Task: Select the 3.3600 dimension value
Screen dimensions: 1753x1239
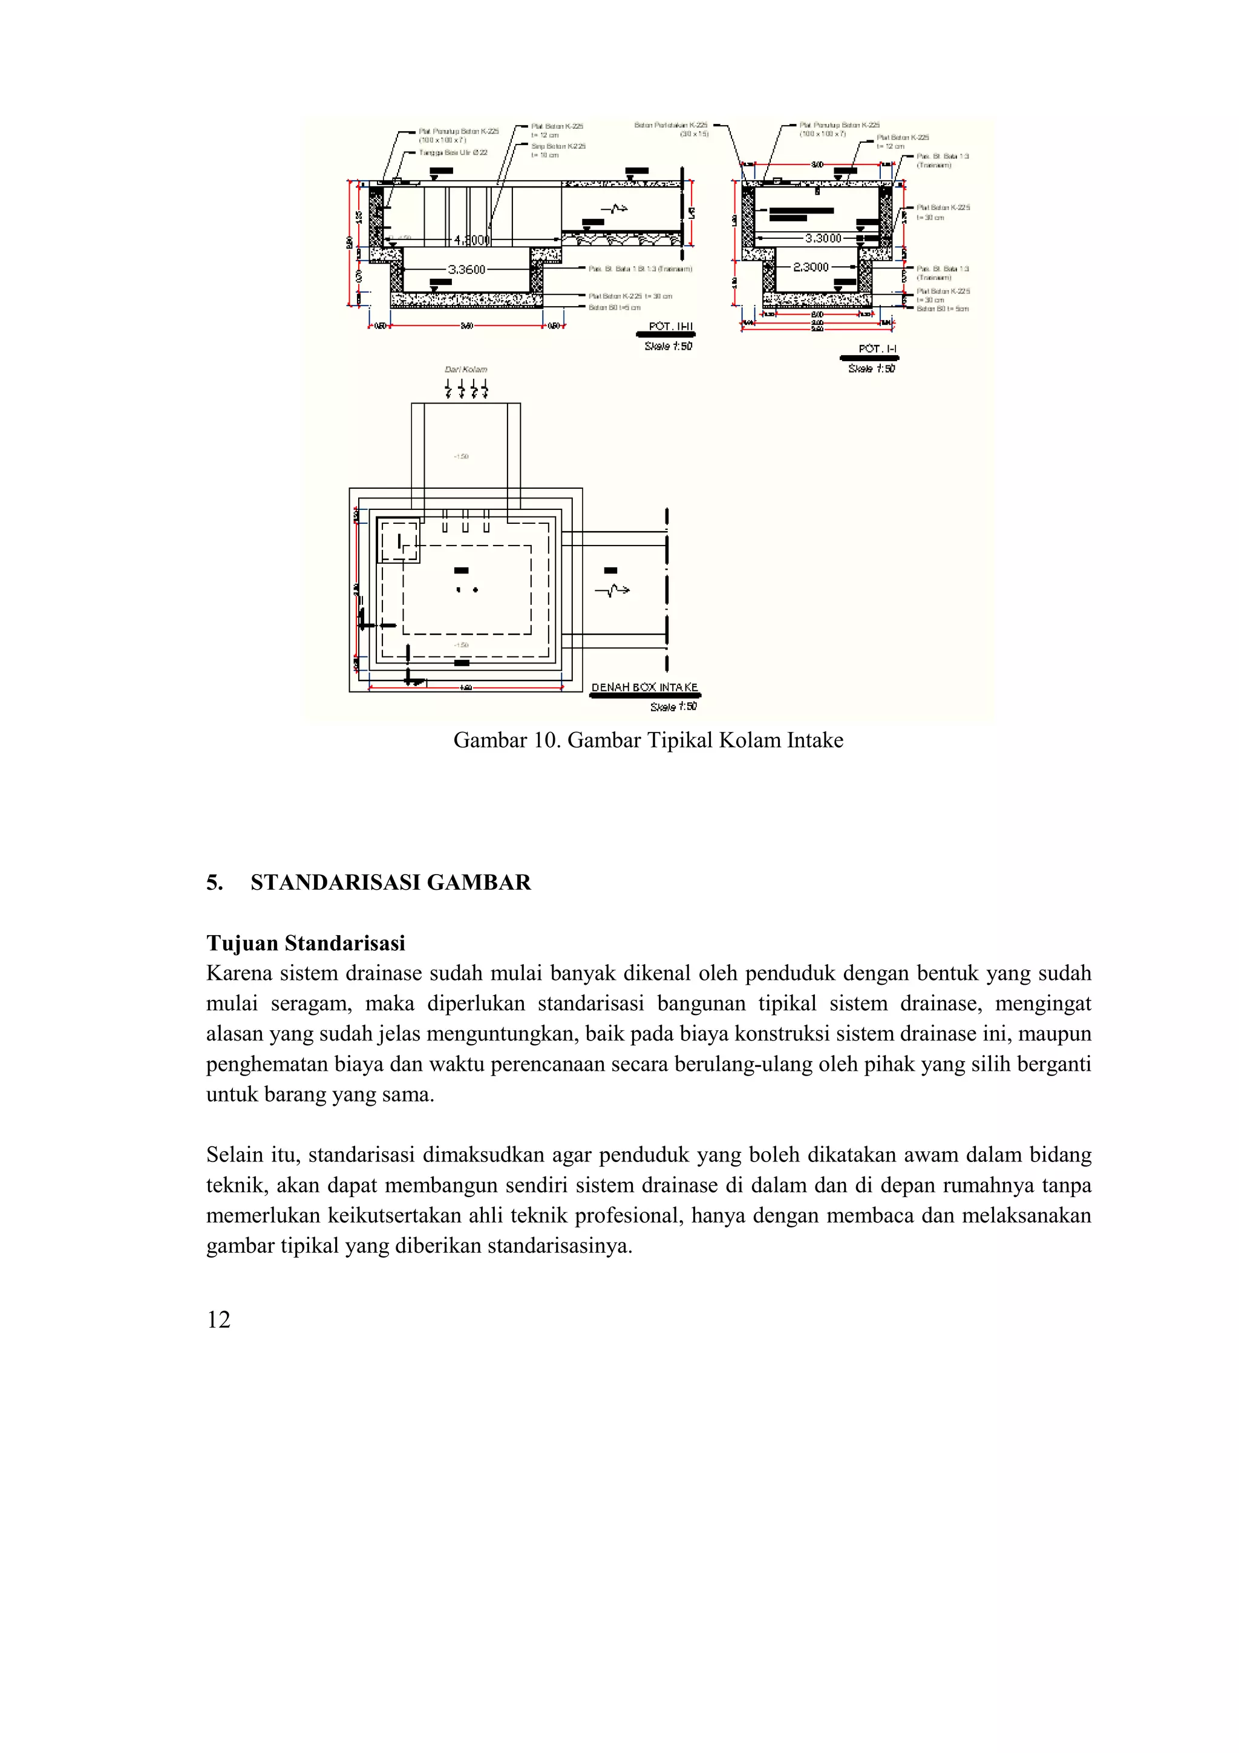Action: (x=466, y=270)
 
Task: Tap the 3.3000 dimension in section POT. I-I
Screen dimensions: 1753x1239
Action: (x=823, y=238)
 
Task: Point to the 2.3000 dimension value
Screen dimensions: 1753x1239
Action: (x=811, y=267)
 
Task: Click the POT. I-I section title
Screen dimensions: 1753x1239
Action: (x=877, y=349)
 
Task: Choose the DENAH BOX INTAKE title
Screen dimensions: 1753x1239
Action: (x=644, y=687)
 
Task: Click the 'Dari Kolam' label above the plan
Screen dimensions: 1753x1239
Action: (x=466, y=370)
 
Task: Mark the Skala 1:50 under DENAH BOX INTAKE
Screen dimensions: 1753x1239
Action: (x=673, y=707)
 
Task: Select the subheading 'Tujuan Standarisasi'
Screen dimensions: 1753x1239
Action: (x=306, y=944)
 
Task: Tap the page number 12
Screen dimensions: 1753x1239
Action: (x=218, y=1319)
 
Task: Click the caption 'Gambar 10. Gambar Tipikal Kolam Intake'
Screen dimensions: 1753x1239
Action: (x=648, y=740)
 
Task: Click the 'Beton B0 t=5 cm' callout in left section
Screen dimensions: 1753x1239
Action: (x=614, y=308)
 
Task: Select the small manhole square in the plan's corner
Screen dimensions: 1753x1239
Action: (x=399, y=541)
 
